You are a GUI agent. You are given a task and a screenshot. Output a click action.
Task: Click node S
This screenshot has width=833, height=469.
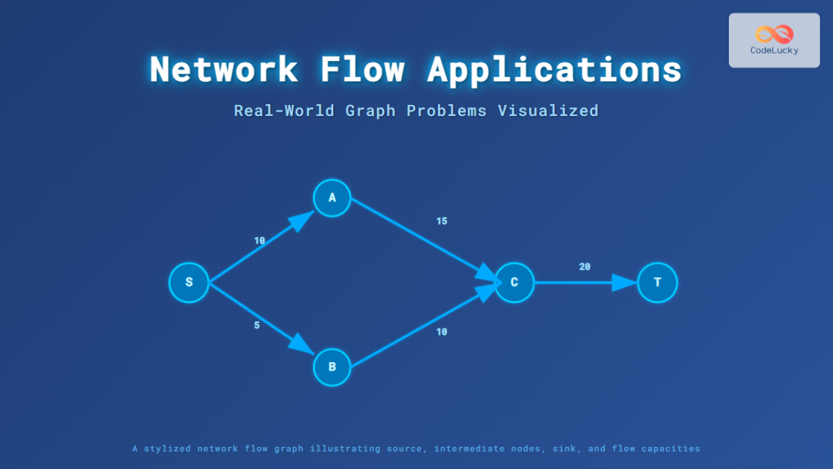pos(189,283)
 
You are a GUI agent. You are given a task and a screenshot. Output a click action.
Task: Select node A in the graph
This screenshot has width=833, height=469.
pos(332,198)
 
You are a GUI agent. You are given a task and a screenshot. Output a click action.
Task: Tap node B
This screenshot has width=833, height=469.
pos(332,367)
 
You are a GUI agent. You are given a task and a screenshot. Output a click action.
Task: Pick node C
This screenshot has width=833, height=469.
pos(514,283)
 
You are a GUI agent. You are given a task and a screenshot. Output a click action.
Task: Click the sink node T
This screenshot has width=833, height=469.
pos(657,283)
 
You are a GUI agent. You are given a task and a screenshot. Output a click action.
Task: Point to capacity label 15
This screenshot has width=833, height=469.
pos(441,222)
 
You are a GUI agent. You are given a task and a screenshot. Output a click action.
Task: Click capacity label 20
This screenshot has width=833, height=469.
pos(584,267)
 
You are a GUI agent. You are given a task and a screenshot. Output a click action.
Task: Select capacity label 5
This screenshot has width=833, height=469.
pos(257,325)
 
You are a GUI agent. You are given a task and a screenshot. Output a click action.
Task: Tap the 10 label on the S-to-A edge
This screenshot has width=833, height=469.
pos(260,241)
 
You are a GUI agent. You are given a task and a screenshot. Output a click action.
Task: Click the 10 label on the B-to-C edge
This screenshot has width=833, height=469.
pos(441,332)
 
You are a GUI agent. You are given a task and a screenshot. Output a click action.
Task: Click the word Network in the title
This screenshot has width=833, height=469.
pos(224,69)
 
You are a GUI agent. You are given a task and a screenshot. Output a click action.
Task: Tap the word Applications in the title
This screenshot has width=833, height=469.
pos(554,69)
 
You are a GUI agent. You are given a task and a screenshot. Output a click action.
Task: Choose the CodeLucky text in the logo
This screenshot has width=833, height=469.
pos(774,50)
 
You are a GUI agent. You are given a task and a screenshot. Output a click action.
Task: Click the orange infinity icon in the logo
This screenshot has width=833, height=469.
pos(774,33)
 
